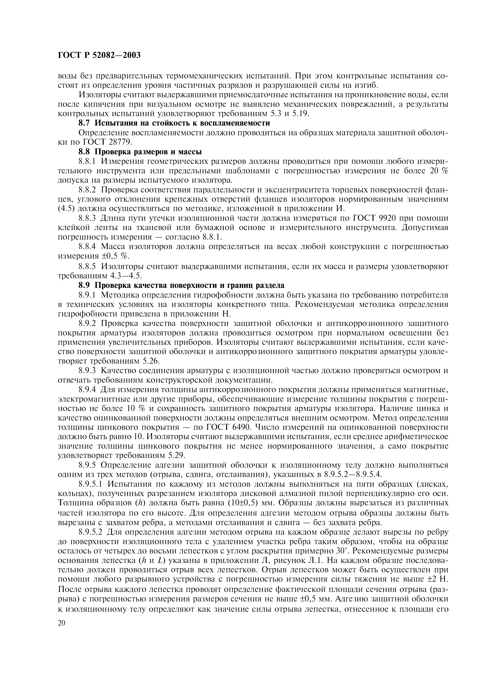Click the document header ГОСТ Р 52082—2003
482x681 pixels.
click(x=99, y=55)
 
